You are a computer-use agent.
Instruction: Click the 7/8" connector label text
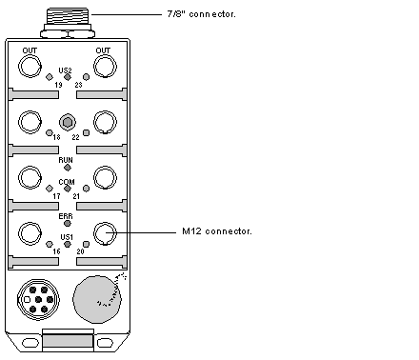click(x=201, y=14)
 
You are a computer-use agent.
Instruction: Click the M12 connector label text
click(x=217, y=231)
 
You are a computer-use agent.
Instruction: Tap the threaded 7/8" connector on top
click(x=68, y=16)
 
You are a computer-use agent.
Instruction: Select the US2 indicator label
click(x=65, y=70)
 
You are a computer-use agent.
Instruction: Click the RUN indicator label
click(x=66, y=160)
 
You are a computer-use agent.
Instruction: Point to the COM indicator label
click(x=67, y=182)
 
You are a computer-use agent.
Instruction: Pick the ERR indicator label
click(x=66, y=216)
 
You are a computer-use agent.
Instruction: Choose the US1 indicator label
click(x=67, y=237)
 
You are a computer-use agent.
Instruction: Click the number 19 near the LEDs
click(x=58, y=85)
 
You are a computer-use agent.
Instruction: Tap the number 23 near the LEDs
click(x=78, y=85)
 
